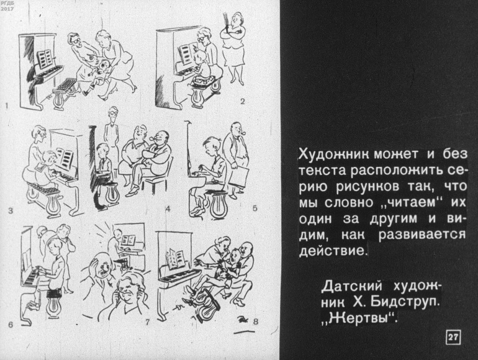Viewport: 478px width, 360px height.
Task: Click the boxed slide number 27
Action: [453, 337]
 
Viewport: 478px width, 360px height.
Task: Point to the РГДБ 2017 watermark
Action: [7, 6]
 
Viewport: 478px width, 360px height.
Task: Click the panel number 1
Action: [7, 106]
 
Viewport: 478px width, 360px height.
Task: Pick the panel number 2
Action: [242, 101]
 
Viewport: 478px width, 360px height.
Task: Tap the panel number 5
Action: [255, 208]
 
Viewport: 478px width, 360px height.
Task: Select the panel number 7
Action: [148, 322]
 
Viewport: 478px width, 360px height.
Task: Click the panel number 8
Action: [256, 322]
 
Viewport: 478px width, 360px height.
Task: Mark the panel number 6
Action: [11, 325]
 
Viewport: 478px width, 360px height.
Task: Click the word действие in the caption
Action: [331, 251]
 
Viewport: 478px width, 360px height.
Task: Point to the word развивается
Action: [422, 235]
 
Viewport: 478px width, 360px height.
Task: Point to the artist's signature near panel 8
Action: [242, 321]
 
